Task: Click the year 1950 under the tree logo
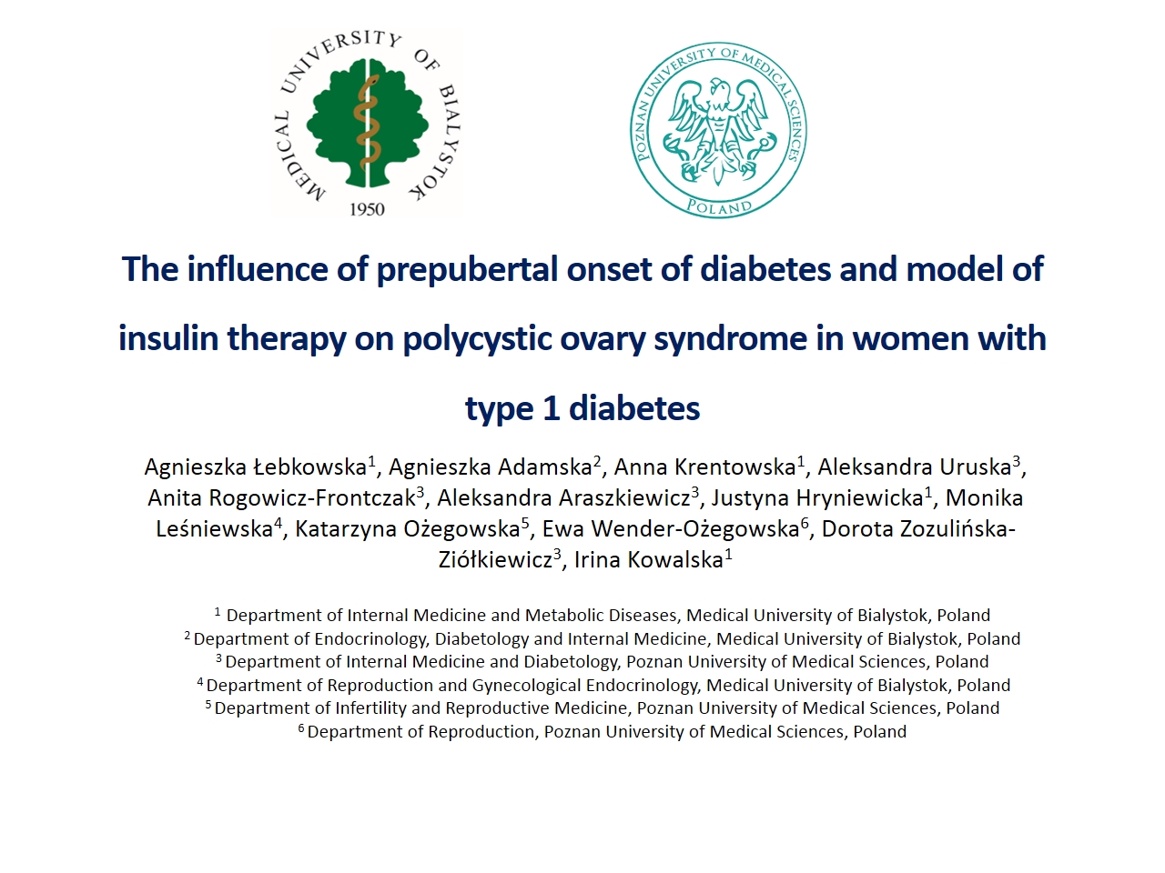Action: pos(367,209)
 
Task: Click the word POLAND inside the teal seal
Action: pos(719,206)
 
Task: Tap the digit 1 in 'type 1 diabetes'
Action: pos(552,408)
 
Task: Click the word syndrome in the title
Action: pos(730,338)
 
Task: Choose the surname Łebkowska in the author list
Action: pos(310,467)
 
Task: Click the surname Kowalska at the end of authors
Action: pos(675,560)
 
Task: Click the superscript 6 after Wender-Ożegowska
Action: pos(805,523)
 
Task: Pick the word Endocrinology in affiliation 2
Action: pos(370,638)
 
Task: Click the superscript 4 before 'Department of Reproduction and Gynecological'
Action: pos(200,681)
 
